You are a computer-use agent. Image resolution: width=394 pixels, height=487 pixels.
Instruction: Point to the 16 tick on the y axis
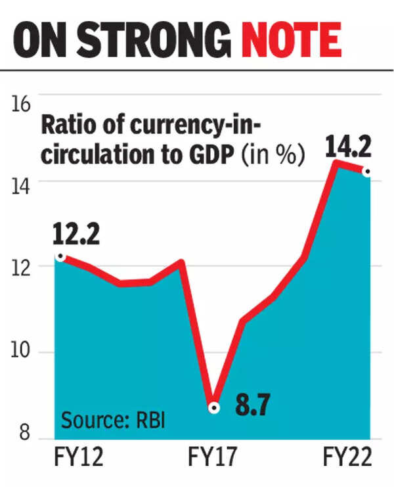20,105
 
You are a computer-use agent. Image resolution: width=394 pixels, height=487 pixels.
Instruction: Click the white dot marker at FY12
60,256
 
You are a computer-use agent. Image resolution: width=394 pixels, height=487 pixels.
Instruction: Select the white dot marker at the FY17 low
213,407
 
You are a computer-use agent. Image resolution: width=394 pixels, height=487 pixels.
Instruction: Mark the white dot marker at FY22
366,172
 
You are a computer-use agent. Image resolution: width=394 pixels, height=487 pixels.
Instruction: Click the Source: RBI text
113,421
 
